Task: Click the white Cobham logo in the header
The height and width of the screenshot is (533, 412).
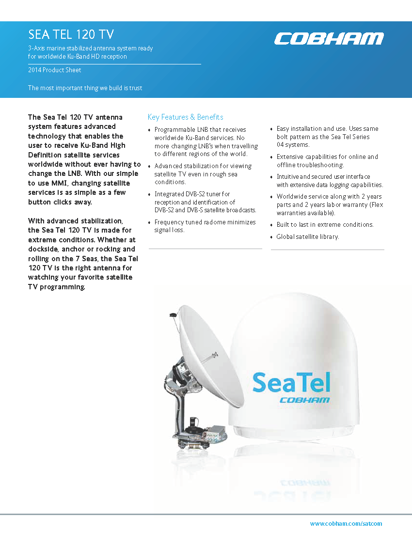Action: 329,39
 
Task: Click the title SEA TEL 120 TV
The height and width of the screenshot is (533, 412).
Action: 71,34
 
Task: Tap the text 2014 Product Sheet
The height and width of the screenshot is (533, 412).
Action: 55,70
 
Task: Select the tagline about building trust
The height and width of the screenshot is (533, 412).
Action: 85,88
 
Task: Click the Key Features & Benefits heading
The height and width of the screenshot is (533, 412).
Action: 185,117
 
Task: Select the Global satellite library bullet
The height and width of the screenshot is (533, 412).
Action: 307,236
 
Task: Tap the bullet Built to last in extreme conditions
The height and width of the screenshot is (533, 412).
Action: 325,224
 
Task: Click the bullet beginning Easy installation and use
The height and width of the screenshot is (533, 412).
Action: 327,137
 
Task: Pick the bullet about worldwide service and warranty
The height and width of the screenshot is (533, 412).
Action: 329,204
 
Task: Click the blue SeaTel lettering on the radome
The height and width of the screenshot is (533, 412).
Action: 291,382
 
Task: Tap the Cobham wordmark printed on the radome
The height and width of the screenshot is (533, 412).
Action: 305,400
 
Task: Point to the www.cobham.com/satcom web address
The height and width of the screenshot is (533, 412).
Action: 346,523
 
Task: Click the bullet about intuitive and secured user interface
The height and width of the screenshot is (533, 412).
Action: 330,180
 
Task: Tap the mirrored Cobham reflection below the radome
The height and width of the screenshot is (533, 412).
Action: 305,483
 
